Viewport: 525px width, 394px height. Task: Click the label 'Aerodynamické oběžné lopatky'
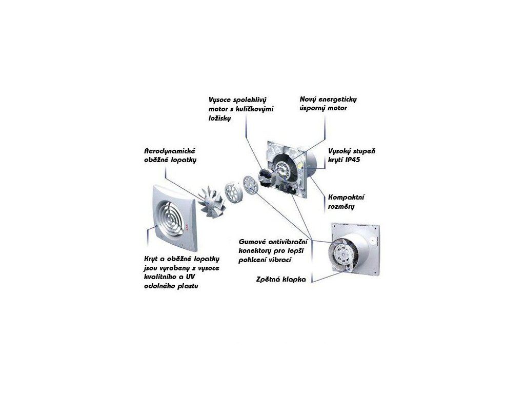click(170, 155)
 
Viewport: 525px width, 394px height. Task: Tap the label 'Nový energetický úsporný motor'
click(324, 104)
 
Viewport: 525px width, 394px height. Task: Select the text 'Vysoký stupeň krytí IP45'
click(352, 155)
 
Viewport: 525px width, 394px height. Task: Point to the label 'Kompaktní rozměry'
click(346, 202)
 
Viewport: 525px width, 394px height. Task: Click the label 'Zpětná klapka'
click(281, 279)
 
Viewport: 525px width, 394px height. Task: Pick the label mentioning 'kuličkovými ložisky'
click(241, 109)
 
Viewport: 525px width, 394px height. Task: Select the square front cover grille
click(174, 218)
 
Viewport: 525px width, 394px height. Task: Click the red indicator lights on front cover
click(187, 228)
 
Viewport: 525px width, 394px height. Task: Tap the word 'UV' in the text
click(190, 277)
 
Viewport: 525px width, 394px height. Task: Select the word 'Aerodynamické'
click(170, 151)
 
